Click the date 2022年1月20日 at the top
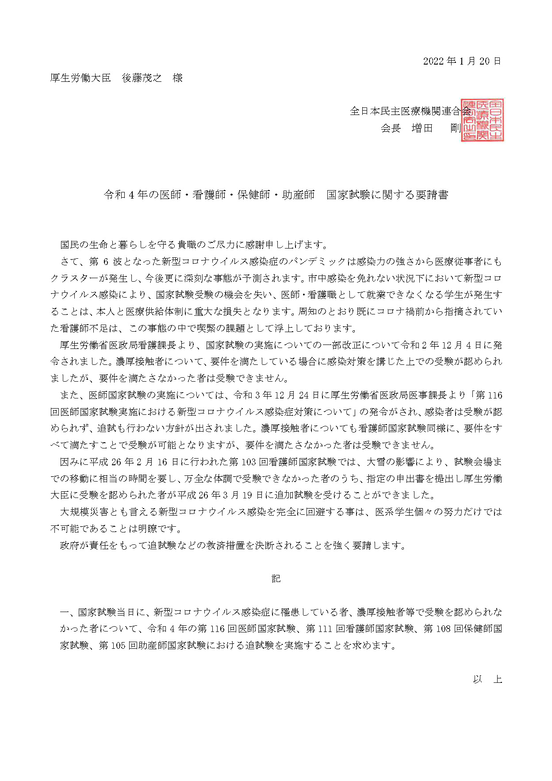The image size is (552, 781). point(462,61)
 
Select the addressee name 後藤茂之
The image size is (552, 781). point(142,78)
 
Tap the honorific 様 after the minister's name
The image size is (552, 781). point(178,78)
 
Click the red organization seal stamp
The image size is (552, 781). point(482,120)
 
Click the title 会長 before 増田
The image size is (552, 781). point(391,128)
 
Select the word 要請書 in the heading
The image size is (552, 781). point(432,195)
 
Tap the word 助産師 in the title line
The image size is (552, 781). point(299,195)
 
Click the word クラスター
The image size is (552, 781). point(75,278)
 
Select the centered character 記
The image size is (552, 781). point(276,578)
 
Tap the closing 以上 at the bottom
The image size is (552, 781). point(487,679)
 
